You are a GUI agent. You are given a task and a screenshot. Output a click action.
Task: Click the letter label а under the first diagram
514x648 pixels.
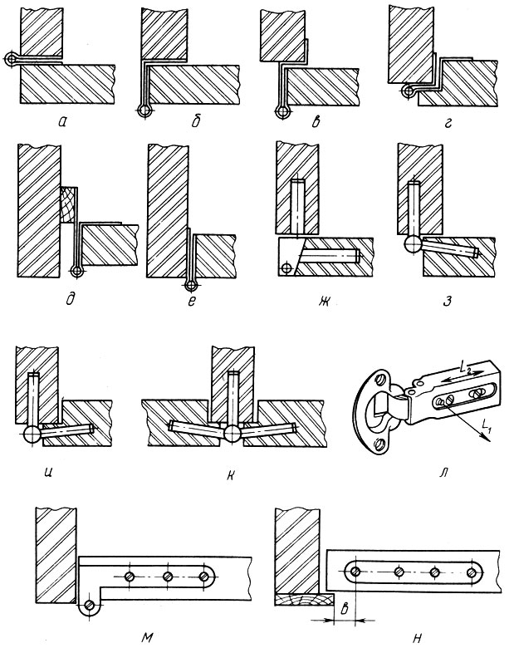click(x=62, y=121)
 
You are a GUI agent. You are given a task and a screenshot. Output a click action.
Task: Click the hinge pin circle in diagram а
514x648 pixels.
click(x=11, y=60)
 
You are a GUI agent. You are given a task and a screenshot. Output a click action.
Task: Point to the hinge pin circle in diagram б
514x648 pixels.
click(x=144, y=111)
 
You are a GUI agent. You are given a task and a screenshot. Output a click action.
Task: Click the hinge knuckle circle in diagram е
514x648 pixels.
click(x=190, y=285)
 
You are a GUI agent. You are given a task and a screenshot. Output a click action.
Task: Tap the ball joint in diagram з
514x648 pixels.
click(x=413, y=244)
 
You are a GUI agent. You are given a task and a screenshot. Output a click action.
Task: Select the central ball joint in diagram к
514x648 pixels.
click(x=233, y=433)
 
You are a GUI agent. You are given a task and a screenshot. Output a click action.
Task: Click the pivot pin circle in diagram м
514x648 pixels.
click(x=89, y=605)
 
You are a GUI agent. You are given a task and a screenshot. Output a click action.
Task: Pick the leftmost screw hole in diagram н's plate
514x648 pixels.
click(x=355, y=572)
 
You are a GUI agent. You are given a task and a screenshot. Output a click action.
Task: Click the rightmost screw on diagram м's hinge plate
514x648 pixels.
click(x=203, y=576)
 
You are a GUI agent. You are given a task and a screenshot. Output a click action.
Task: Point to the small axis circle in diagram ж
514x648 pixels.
click(x=285, y=268)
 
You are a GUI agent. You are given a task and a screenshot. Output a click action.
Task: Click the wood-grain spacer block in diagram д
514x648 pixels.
click(x=68, y=205)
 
